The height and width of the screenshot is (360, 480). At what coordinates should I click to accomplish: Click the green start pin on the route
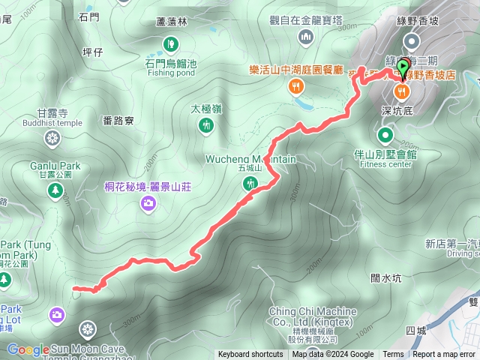403,67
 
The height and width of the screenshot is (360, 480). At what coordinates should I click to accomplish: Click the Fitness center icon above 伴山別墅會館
385,136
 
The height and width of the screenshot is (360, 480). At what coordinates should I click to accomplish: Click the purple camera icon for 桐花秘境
148,202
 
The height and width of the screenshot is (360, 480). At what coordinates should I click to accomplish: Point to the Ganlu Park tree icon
55,191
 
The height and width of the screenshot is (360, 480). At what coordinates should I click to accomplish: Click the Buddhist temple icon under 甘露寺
52,138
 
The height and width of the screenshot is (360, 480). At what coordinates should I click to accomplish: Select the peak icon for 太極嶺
206,126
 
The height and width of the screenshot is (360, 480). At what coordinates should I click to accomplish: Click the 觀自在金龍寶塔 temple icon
306,37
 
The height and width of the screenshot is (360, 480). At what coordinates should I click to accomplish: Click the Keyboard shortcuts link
250,355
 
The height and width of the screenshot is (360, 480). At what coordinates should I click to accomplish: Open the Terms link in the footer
393,355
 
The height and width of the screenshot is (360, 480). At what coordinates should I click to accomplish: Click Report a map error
444,355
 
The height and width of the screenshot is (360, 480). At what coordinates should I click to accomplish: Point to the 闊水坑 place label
386,278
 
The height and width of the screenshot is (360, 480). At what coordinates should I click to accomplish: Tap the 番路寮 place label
119,120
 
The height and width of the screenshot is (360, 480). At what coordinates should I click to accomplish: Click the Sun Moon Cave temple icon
88,329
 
